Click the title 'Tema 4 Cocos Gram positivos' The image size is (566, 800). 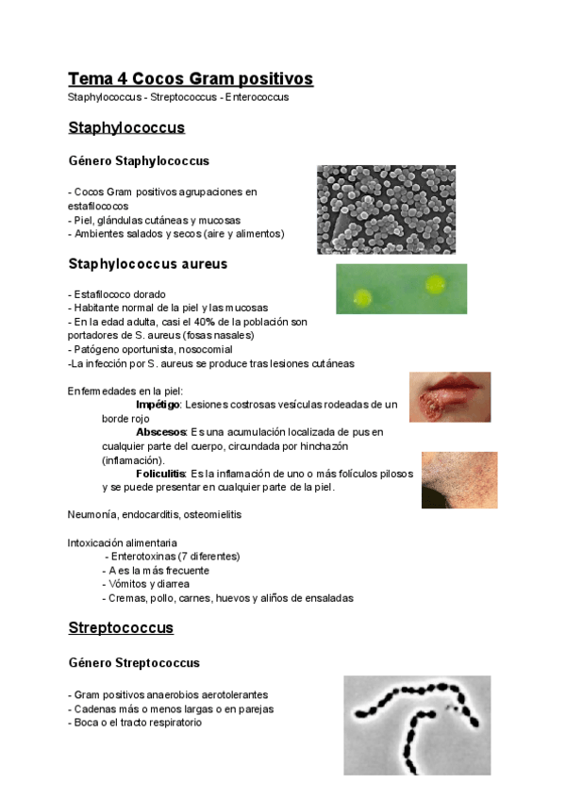pyautogui.click(x=191, y=78)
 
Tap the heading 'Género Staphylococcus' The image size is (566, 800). pyautogui.click(x=140, y=161)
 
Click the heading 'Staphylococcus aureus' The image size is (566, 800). pyautogui.click(x=148, y=263)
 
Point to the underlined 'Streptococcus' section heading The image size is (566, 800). pyautogui.click(x=121, y=627)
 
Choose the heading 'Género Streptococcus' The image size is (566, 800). pyautogui.click(x=134, y=663)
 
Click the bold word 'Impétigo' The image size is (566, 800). pyautogui.click(x=158, y=404)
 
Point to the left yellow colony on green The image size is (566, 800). pyautogui.click(x=362, y=299)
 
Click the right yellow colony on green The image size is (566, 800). pyautogui.click(x=435, y=282)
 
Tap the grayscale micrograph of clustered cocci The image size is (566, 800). pyautogui.click(x=386, y=209)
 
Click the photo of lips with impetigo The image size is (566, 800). pyautogui.click(x=449, y=398)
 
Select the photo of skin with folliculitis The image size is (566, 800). pyautogui.click(x=459, y=480)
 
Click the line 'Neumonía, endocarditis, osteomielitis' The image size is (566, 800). pyautogui.click(x=153, y=515)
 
